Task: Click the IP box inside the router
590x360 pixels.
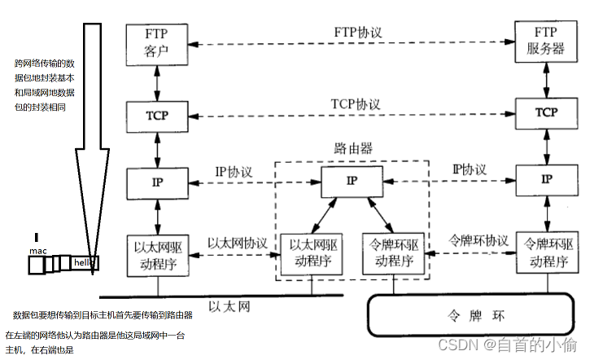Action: pos(351,181)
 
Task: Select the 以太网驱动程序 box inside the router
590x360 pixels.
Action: pos(310,254)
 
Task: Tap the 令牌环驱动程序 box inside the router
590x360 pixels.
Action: pos(395,254)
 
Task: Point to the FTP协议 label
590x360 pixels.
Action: pos(358,33)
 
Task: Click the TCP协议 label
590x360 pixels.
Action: pos(356,104)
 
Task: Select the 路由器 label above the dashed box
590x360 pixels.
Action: pos(353,148)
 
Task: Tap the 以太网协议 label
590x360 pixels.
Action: pos(238,243)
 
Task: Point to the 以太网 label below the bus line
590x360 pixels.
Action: pos(228,306)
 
